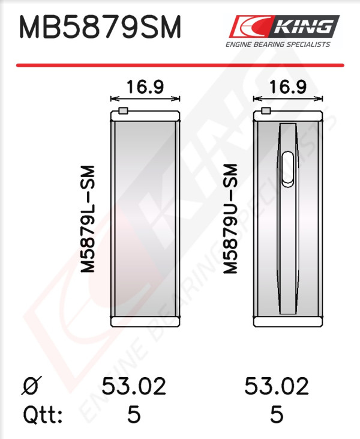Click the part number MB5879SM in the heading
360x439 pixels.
pos(100,28)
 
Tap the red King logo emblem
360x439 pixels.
pos(249,26)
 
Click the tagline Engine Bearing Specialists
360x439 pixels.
pos(278,44)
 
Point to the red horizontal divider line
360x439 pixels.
pos(180,65)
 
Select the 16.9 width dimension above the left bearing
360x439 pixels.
pos(145,87)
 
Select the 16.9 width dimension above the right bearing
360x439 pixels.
pos(288,87)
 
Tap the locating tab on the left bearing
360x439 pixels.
pos(123,111)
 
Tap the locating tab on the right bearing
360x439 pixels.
pos(266,111)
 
